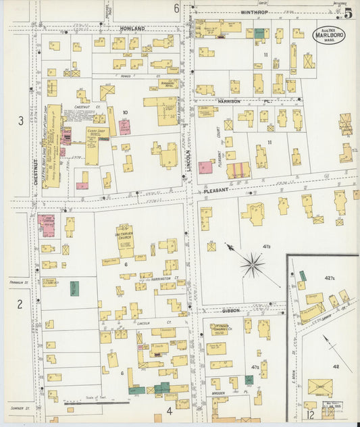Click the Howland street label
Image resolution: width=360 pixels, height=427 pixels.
coord(132,29)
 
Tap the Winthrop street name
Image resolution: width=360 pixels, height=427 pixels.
coord(245,11)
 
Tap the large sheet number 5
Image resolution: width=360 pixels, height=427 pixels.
coord(347,12)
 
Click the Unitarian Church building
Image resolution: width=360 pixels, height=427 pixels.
coord(125,237)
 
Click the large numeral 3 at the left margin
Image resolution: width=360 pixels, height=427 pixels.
coord(21,121)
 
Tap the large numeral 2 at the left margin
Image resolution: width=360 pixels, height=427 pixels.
coord(20,303)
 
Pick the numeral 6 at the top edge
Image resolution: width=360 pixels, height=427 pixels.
coord(176,8)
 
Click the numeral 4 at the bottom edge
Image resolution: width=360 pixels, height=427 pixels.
coord(169,409)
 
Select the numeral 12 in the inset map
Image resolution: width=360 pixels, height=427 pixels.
coord(310,413)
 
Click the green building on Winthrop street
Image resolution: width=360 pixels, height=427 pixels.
coord(259,32)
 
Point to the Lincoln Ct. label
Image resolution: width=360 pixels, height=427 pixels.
coord(144,322)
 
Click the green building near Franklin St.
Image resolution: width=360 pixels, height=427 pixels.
coord(74,286)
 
